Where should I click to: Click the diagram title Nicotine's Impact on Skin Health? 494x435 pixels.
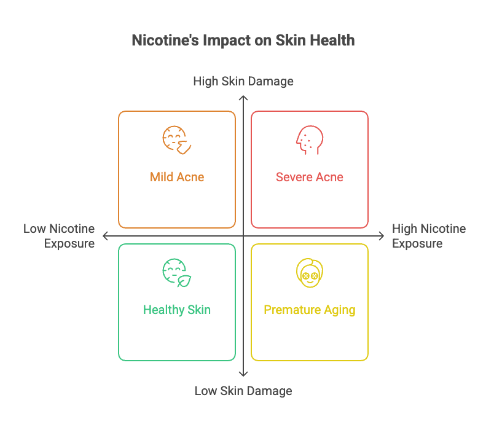coord(243,41)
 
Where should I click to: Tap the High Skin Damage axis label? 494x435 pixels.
coord(243,81)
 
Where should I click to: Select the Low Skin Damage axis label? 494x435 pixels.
coord(243,391)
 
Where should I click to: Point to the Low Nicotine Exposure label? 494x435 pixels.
coord(60,236)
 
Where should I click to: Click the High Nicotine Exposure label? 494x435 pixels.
coord(428,236)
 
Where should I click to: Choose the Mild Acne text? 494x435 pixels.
coord(177,177)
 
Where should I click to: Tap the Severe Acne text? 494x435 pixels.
coord(310,177)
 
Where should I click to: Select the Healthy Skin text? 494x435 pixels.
coord(177,310)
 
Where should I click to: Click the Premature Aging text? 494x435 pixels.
coord(310,310)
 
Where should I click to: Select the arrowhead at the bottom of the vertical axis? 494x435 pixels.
coord(243,374)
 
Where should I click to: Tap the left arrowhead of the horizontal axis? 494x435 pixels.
coord(105,236)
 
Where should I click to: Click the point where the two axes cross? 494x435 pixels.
coord(243,236)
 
